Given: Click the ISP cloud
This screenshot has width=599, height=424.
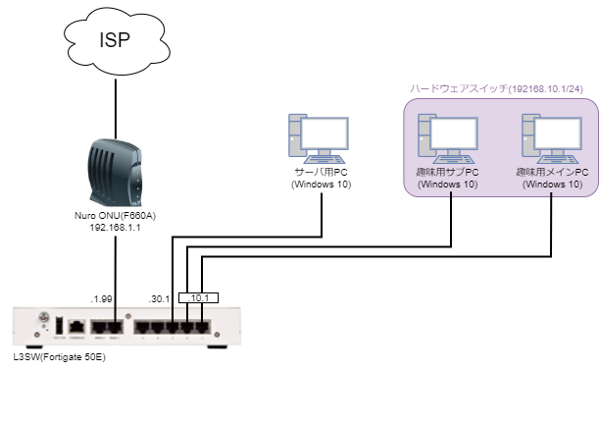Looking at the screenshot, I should pyautogui.click(x=115, y=40).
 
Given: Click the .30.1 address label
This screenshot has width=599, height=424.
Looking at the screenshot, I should pyautogui.click(x=159, y=297).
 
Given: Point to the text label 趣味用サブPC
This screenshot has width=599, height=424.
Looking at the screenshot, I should pyautogui.click(x=448, y=173).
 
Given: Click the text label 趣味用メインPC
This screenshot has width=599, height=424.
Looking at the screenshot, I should pyautogui.click(x=552, y=173).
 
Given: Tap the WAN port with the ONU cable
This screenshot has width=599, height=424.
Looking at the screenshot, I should pyautogui.click(x=115, y=325).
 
